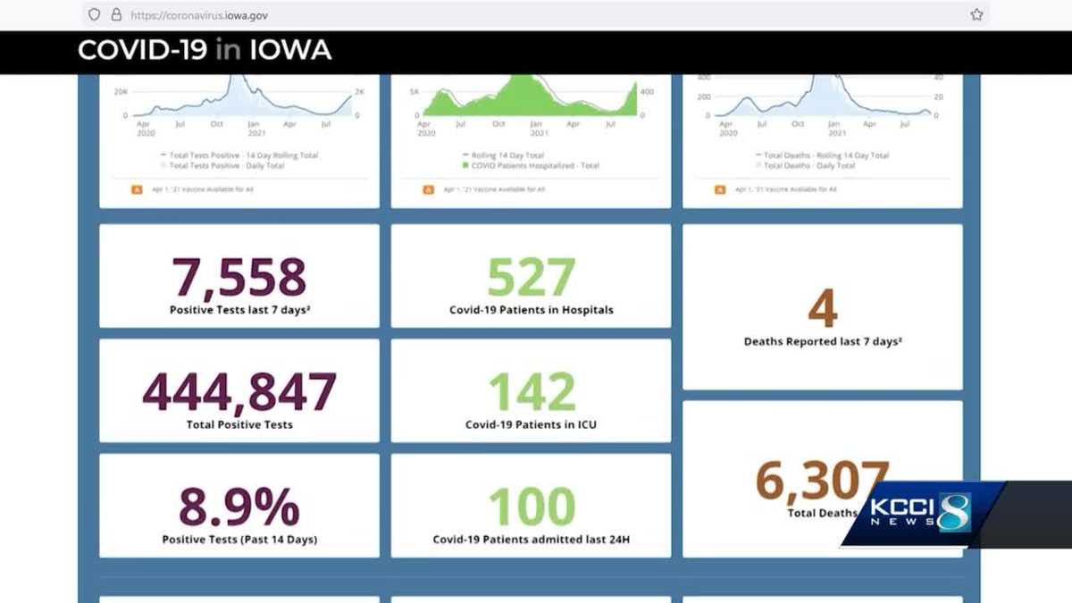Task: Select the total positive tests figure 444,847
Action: click(239, 391)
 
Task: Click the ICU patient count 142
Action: click(531, 391)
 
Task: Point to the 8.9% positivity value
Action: click(239, 507)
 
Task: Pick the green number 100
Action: click(531, 507)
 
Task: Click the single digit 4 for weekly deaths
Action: click(822, 308)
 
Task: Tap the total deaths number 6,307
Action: click(822, 481)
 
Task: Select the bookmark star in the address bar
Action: click(976, 14)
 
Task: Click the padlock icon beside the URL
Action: click(116, 14)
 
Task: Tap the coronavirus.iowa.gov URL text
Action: click(198, 15)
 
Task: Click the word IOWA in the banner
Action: click(289, 50)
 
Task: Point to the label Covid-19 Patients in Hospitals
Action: click(531, 310)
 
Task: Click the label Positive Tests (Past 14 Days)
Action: click(239, 540)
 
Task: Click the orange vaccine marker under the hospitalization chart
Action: click(428, 189)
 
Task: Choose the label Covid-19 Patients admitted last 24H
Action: click(531, 540)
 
